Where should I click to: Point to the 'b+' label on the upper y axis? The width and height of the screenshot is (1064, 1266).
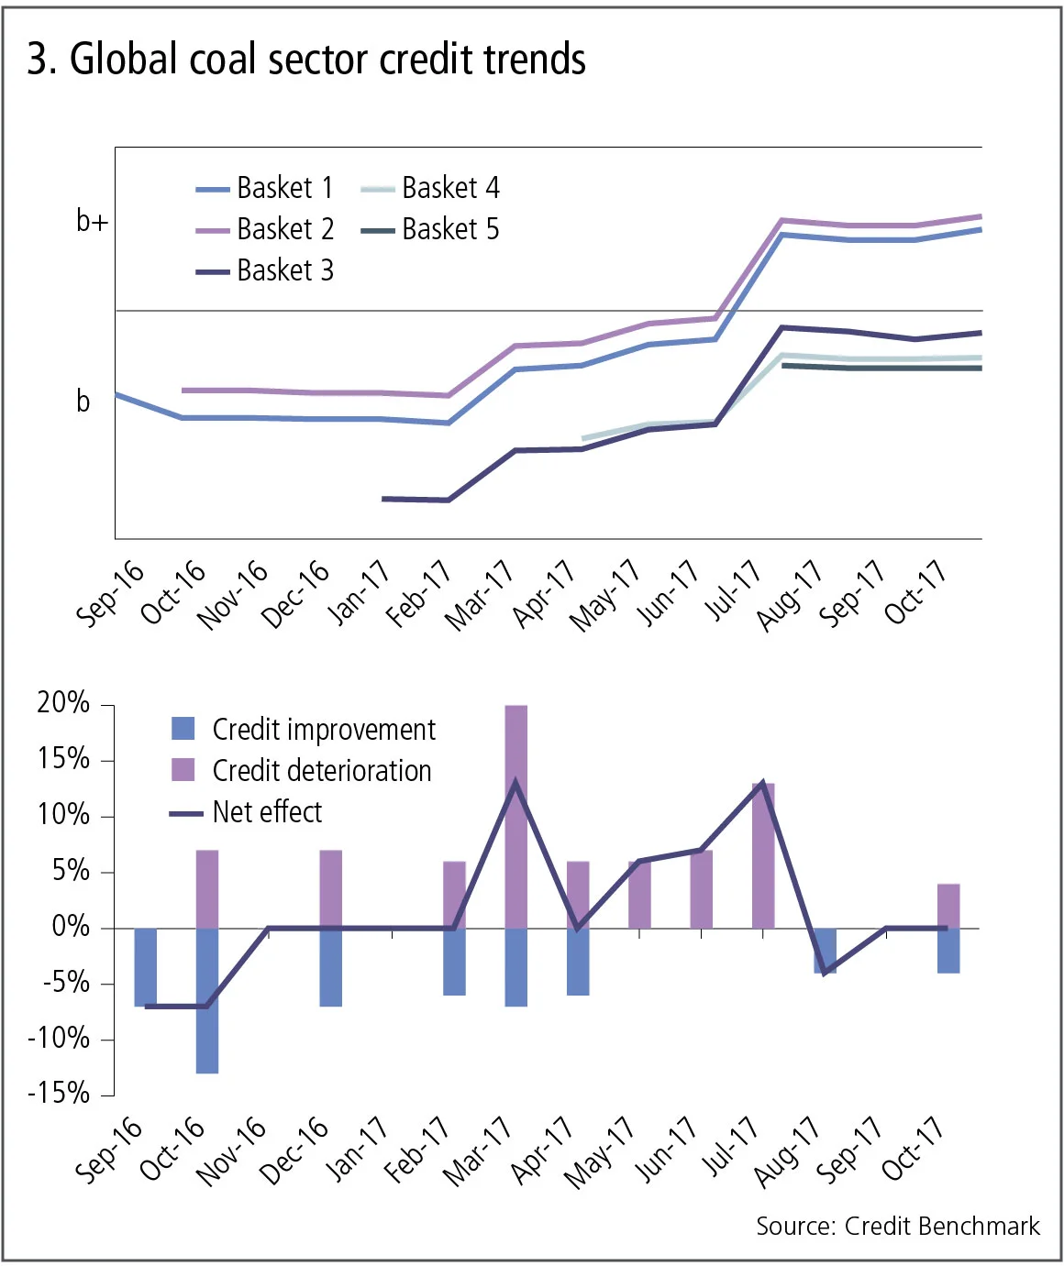(92, 221)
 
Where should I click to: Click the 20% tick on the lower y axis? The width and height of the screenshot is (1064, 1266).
(63, 703)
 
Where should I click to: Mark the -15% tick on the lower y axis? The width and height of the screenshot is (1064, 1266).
(59, 1094)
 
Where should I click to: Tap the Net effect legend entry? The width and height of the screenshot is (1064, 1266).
(267, 812)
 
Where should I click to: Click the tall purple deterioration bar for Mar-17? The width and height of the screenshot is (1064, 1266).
(516, 816)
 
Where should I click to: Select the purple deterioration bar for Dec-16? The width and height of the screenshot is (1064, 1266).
(331, 889)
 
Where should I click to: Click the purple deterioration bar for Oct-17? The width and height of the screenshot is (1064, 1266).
(948, 906)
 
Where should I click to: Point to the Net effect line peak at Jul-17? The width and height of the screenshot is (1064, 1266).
(762, 784)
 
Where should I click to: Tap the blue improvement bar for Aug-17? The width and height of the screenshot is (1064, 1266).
(825, 951)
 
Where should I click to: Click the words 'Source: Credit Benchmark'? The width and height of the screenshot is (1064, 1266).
(897, 1227)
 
